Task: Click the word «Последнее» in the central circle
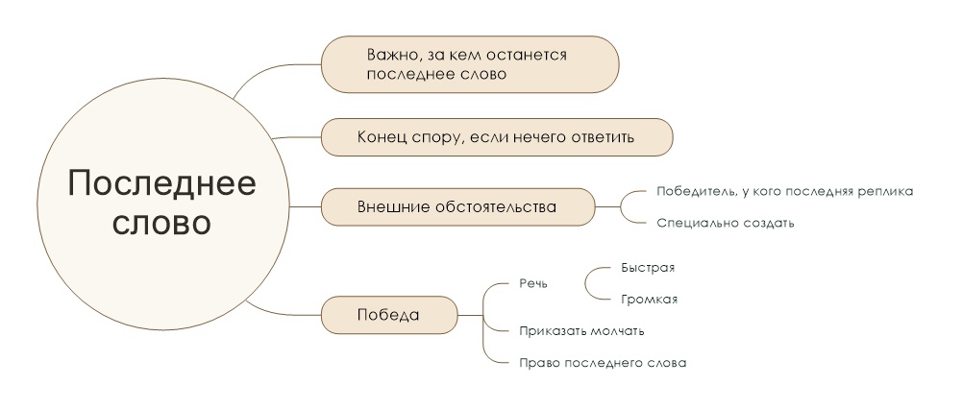[x=161, y=182]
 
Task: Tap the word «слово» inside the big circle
[x=161, y=225]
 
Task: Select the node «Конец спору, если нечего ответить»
[x=497, y=136]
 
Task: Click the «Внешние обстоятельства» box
[x=458, y=206]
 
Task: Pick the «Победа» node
[x=389, y=315]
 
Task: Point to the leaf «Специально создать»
[x=726, y=223]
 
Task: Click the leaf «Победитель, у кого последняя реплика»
[x=785, y=191]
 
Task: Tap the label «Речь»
[x=533, y=283]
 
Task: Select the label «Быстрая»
[x=648, y=268]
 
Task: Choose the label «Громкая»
[x=649, y=300]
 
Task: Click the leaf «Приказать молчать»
[x=581, y=331]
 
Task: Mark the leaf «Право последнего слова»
[x=603, y=362]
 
